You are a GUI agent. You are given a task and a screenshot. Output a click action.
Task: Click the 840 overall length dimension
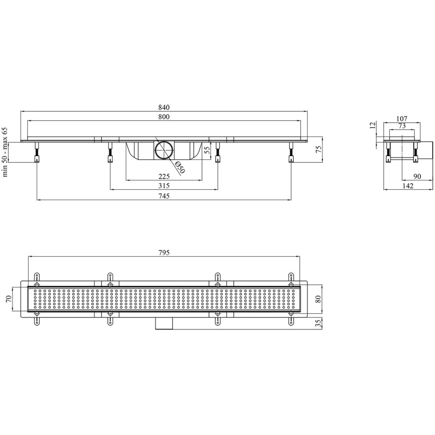(x=164, y=107)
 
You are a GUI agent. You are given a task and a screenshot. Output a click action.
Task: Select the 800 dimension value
(x=164, y=117)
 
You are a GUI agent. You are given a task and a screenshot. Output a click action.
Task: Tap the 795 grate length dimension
(x=164, y=253)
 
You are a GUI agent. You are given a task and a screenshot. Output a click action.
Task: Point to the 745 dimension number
(x=164, y=196)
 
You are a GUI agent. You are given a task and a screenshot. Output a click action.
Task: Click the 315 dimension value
(x=164, y=186)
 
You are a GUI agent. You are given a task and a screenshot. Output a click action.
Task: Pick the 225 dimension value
(x=164, y=176)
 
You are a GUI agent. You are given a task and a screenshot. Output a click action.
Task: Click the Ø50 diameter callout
(x=180, y=167)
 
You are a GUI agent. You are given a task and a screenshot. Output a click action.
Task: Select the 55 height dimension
(x=207, y=150)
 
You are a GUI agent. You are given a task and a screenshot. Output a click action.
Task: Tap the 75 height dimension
(x=319, y=149)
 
